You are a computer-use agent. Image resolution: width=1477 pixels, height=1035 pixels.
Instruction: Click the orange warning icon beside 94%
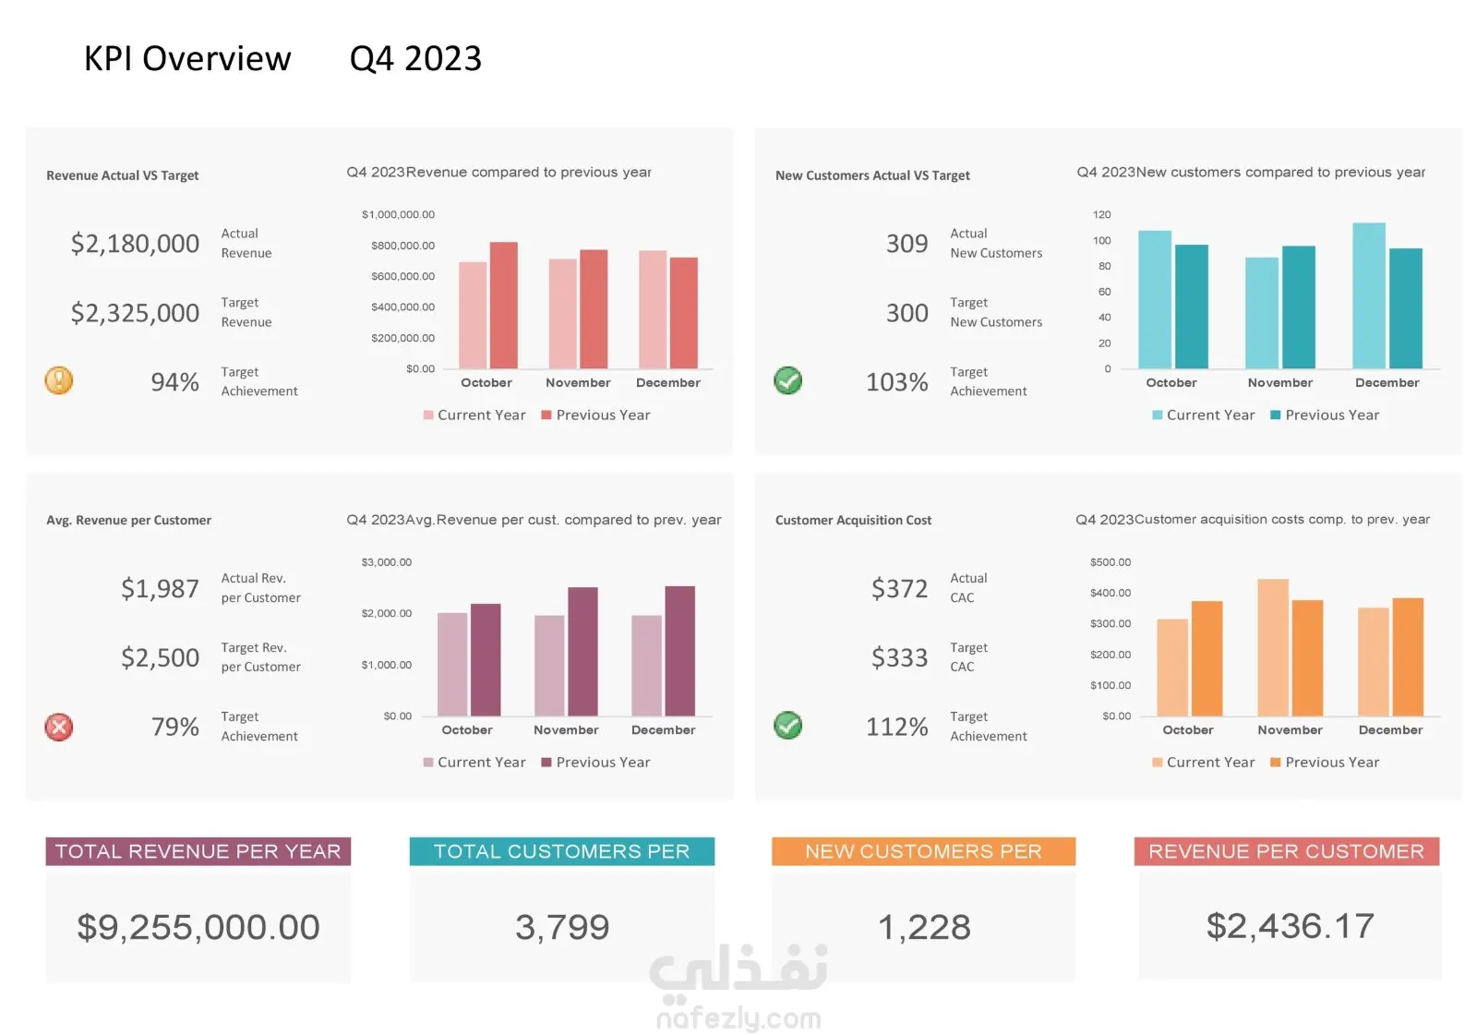(59, 380)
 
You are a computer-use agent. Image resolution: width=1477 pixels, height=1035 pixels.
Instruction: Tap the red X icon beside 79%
(59, 727)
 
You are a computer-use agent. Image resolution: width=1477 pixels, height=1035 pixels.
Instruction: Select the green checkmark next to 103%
(788, 380)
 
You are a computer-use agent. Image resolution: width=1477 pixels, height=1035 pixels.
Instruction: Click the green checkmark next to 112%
(788, 726)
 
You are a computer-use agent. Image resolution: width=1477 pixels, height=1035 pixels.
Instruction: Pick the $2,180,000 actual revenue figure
(135, 244)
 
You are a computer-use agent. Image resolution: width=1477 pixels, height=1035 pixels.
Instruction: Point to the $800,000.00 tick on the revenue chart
(402, 246)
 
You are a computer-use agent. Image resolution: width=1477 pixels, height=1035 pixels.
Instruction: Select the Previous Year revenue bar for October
(504, 305)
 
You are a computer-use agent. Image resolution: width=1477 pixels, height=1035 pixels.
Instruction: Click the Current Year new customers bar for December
(1369, 295)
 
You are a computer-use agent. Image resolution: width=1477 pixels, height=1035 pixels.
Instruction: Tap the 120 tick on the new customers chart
(1102, 214)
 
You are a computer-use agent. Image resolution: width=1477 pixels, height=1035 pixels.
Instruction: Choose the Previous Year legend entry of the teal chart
(1326, 415)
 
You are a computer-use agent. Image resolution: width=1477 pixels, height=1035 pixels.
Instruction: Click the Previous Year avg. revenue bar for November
(582, 651)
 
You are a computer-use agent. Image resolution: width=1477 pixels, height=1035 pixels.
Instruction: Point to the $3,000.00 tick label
(387, 562)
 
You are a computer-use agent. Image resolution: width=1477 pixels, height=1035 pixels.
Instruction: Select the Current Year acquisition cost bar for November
(1273, 647)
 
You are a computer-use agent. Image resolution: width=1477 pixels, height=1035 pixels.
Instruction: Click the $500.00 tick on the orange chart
(1111, 562)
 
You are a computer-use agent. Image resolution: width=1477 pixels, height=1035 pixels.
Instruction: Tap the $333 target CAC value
(899, 657)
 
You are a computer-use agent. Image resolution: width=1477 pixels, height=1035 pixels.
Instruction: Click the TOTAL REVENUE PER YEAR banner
(198, 851)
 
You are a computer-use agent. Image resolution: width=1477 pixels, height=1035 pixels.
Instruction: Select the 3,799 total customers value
(562, 927)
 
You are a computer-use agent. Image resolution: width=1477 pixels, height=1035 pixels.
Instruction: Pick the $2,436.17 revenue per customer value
(1291, 926)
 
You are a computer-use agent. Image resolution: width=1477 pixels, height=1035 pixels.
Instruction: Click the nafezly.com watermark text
(739, 1018)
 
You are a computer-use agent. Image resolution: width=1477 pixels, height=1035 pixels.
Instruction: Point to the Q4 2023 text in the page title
(415, 59)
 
